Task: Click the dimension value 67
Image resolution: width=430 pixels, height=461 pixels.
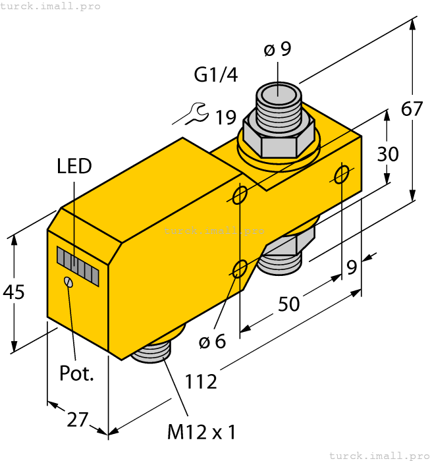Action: tap(412, 109)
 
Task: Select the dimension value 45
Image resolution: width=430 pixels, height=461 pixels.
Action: tap(14, 291)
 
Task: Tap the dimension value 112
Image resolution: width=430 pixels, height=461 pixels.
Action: tap(200, 381)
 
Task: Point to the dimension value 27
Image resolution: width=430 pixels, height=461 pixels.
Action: tap(78, 419)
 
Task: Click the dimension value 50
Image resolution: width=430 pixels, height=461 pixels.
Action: tap(288, 304)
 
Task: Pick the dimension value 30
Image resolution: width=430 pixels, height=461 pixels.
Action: tap(388, 153)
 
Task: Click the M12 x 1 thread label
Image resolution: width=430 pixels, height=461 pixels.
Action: tap(202, 432)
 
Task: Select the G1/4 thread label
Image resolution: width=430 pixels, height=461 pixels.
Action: tap(216, 76)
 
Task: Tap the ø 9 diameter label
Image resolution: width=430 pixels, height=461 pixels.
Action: tap(277, 49)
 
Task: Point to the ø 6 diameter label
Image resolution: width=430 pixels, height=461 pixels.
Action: tap(212, 342)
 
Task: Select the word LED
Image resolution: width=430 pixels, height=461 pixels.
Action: tap(74, 166)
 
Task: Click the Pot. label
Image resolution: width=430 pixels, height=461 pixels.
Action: tap(77, 373)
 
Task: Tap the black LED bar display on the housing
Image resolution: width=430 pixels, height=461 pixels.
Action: tap(78, 266)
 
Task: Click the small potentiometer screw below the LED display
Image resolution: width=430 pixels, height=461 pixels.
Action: tap(67, 282)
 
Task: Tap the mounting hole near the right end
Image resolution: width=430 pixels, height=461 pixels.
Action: tap(342, 175)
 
